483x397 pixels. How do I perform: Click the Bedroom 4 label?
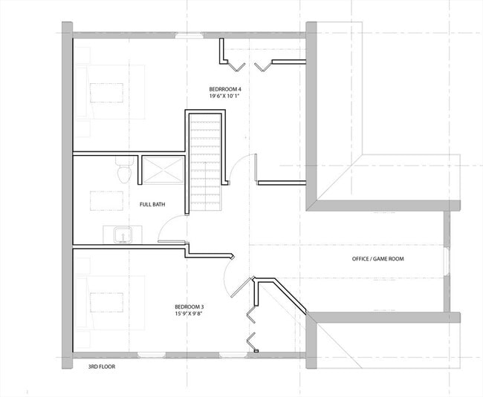coord(226,89)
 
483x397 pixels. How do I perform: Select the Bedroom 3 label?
coord(189,306)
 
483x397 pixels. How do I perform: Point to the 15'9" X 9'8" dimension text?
coord(189,314)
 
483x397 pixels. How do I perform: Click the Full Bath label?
coord(152,204)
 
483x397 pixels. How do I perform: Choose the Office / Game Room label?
coord(378,259)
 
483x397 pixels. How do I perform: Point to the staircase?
coord(205,160)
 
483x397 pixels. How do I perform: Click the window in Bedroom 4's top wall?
coord(187,34)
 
